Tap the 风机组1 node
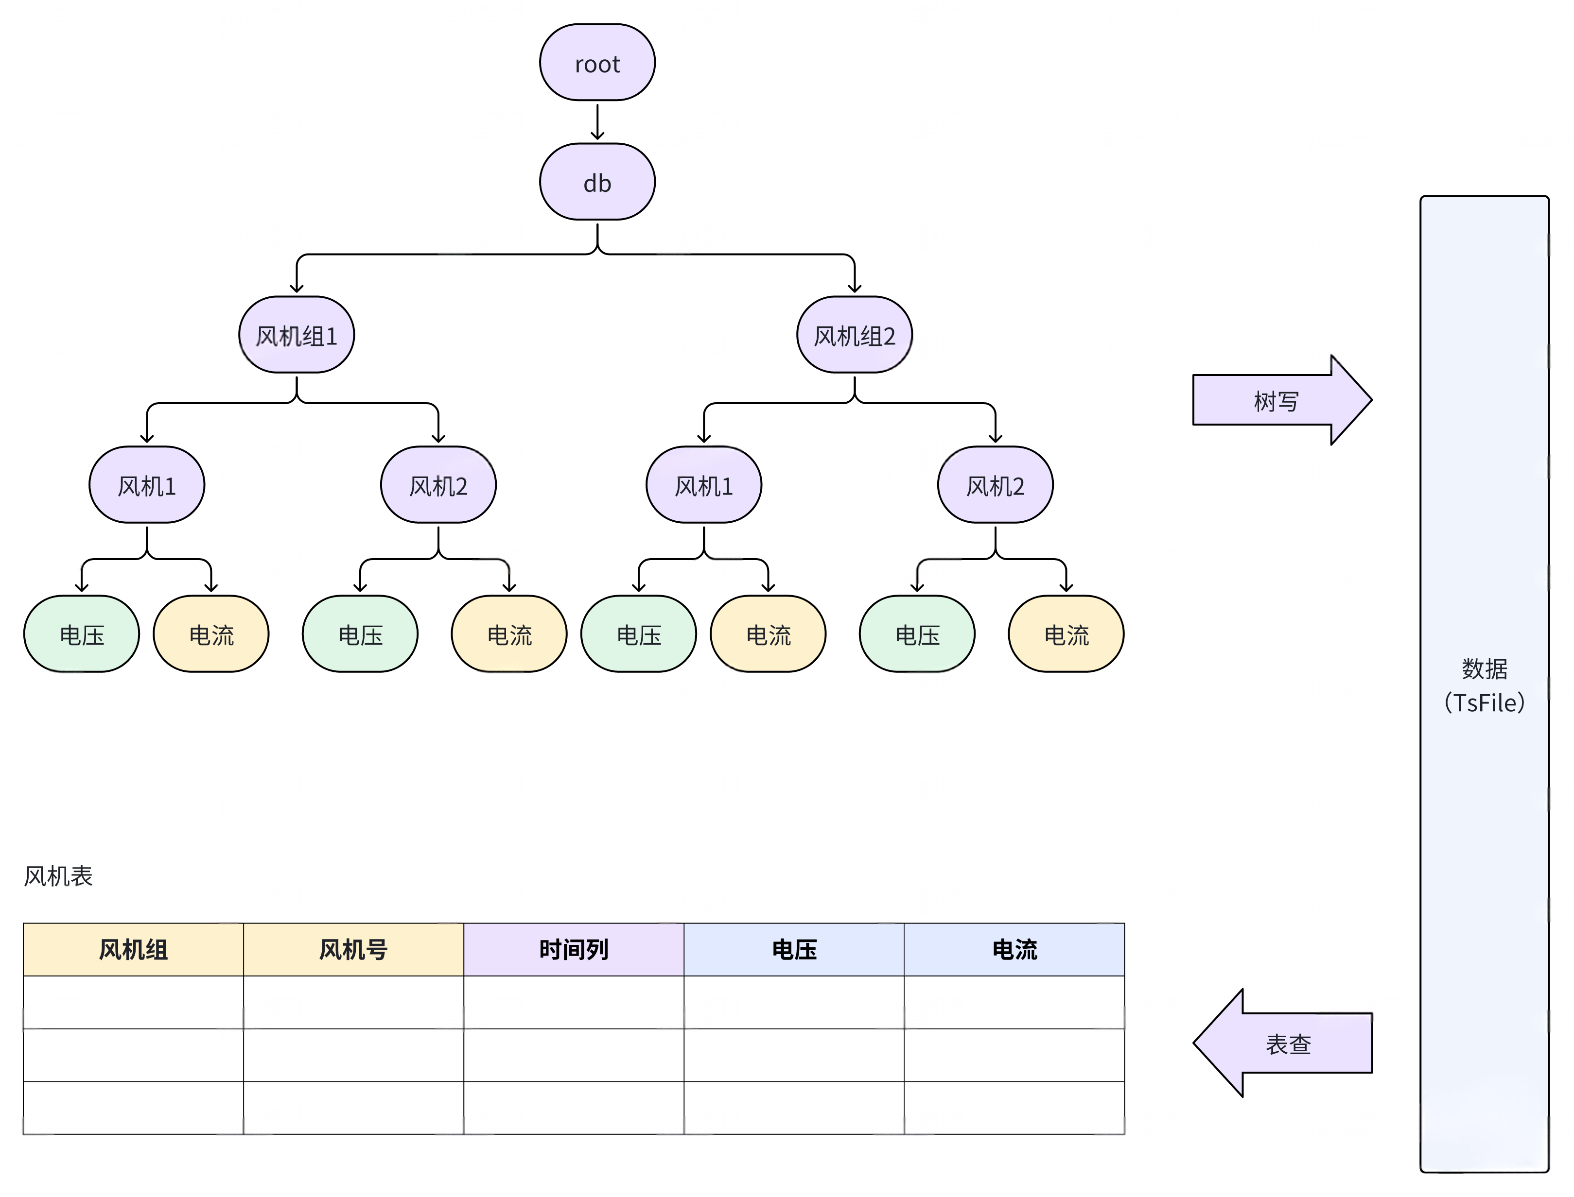click(296, 335)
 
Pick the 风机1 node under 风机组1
click(146, 485)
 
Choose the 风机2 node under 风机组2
click(995, 485)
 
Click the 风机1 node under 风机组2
click(703, 485)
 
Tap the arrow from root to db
click(597, 122)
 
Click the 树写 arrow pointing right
click(1276, 400)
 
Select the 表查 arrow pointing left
click(1287, 1043)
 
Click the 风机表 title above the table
click(58, 876)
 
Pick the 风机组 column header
click(133, 949)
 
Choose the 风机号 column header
click(353, 949)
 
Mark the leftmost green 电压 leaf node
click(81, 634)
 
